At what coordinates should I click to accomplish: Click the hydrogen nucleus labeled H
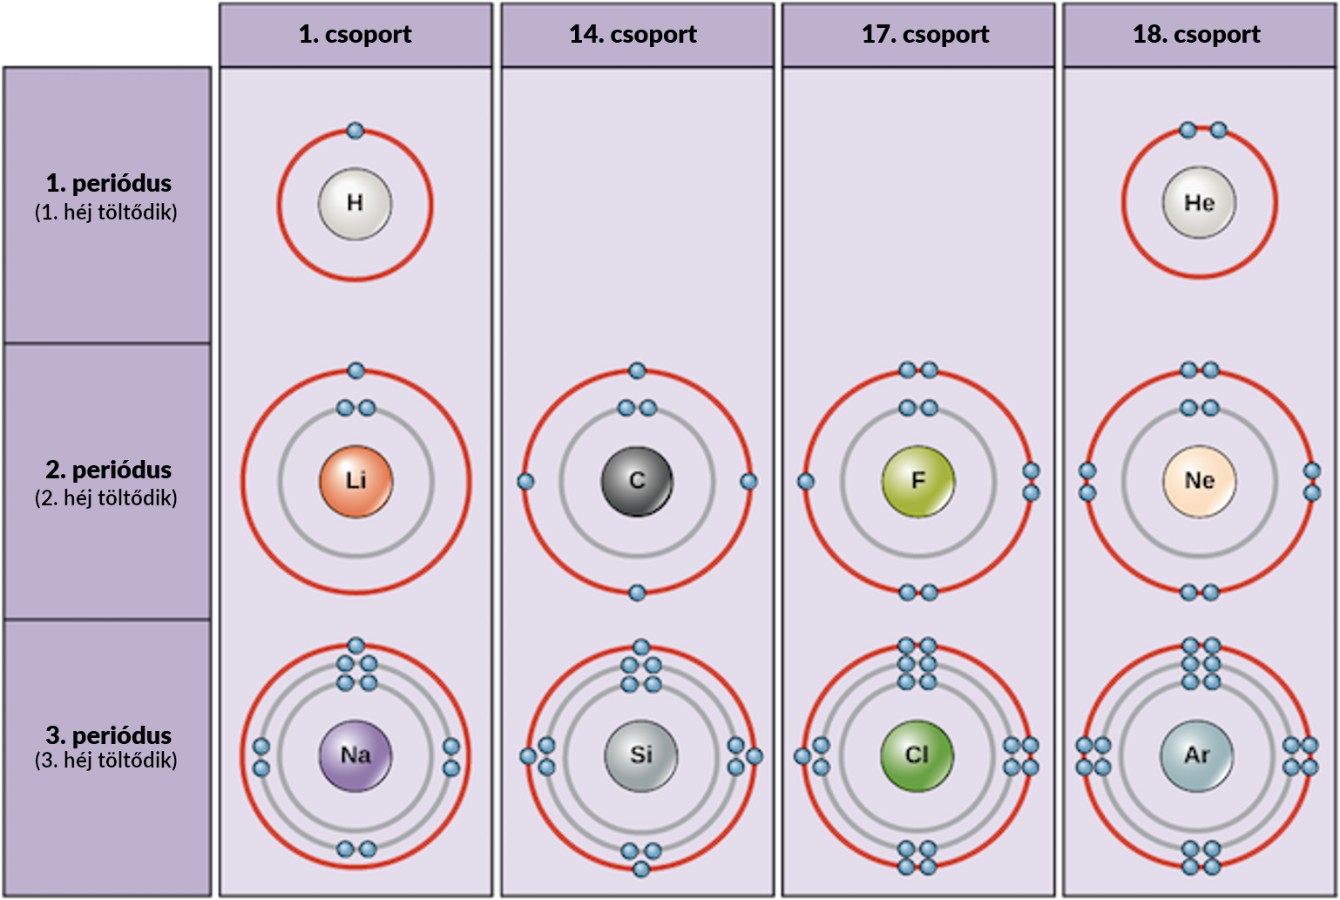[355, 204]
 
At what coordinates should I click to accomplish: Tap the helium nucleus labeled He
[1199, 203]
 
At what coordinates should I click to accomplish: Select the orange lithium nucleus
[356, 481]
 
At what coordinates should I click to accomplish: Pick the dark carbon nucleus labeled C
[637, 481]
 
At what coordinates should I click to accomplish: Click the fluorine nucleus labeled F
[918, 481]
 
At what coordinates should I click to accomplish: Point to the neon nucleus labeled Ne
[1199, 481]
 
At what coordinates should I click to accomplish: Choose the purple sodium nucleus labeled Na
[355, 755]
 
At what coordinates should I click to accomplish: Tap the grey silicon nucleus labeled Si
[640, 755]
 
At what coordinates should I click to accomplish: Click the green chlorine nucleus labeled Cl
[917, 755]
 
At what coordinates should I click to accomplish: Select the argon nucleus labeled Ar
[1197, 755]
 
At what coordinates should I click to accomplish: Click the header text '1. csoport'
[355, 34]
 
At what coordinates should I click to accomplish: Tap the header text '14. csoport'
[633, 34]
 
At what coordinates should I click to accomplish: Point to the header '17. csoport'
[925, 34]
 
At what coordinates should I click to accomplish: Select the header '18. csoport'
[1196, 34]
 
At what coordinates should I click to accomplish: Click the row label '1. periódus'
[108, 183]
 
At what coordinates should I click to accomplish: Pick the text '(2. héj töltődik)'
[106, 497]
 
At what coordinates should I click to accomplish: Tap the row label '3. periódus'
[108, 735]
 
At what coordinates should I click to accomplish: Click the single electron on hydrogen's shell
[355, 131]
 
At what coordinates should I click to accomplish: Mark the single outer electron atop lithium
[356, 370]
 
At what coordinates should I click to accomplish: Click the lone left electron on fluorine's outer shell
[806, 481]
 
